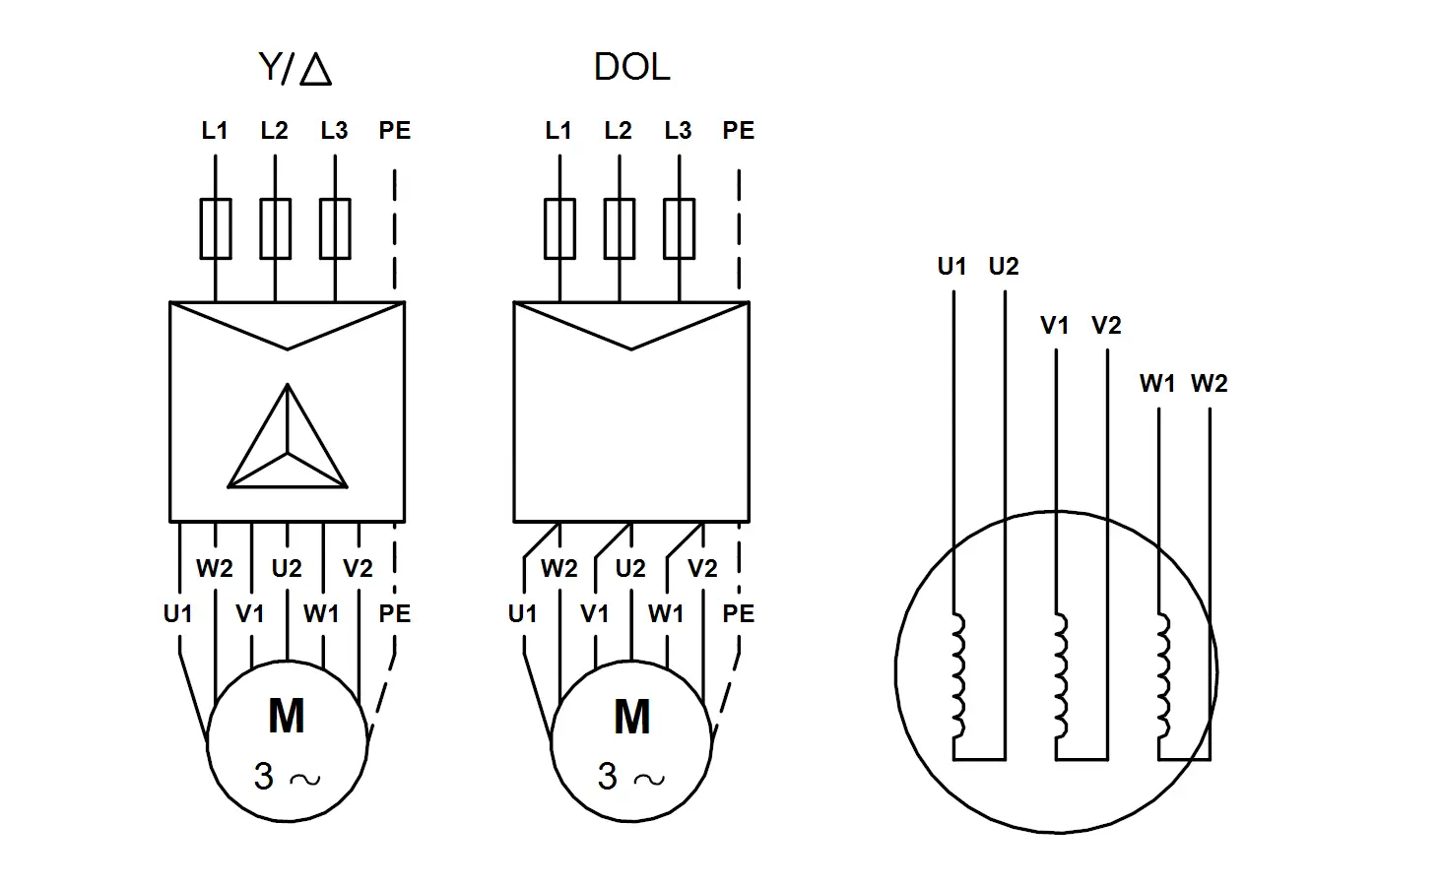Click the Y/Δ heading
[295, 68]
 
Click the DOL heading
[631, 67]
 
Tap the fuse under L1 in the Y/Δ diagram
[216, 229]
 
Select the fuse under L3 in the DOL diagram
[680, 229]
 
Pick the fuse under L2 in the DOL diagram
[620, 229]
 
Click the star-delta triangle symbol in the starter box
[287, 436]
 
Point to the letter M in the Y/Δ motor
[287, 716]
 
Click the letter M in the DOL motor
[632, 716]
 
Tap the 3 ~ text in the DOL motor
[630, 776]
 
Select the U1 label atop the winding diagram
[952, 266]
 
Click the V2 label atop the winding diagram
[1106, 325]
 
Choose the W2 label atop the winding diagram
[1209, 384]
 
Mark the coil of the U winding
[959, 675]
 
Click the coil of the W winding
[1164, 675]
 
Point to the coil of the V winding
[1062, 675]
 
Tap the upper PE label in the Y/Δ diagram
[395, 131]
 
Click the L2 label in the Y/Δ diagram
[274, 131]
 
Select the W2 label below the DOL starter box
[558, 569]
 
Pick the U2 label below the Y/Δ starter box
[287, 569]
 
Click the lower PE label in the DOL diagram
[739, 614]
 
